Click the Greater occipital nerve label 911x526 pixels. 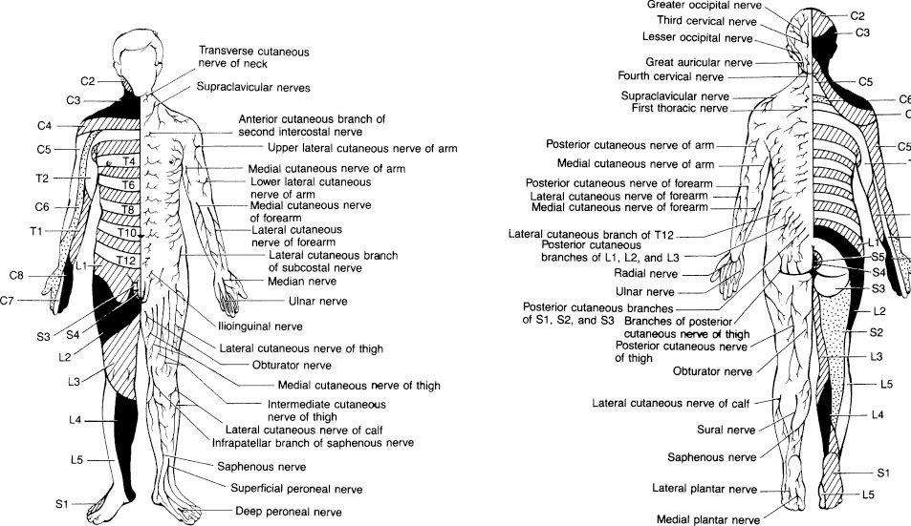coord(696,4)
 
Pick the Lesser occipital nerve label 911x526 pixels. coord(702,37)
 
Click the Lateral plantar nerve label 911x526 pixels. coord(705,489)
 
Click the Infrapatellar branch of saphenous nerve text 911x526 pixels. coord(313,443)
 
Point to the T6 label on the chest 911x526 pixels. coord(128,185)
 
